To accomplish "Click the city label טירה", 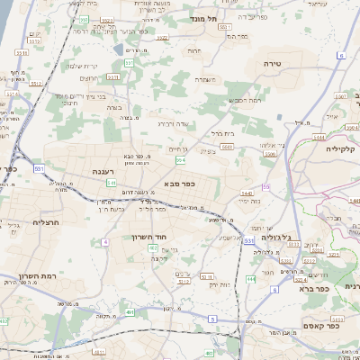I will (274, 64).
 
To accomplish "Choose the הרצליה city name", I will (44, 221).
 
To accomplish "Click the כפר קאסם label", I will (321, 326).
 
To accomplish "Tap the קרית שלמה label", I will (82, 65).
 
